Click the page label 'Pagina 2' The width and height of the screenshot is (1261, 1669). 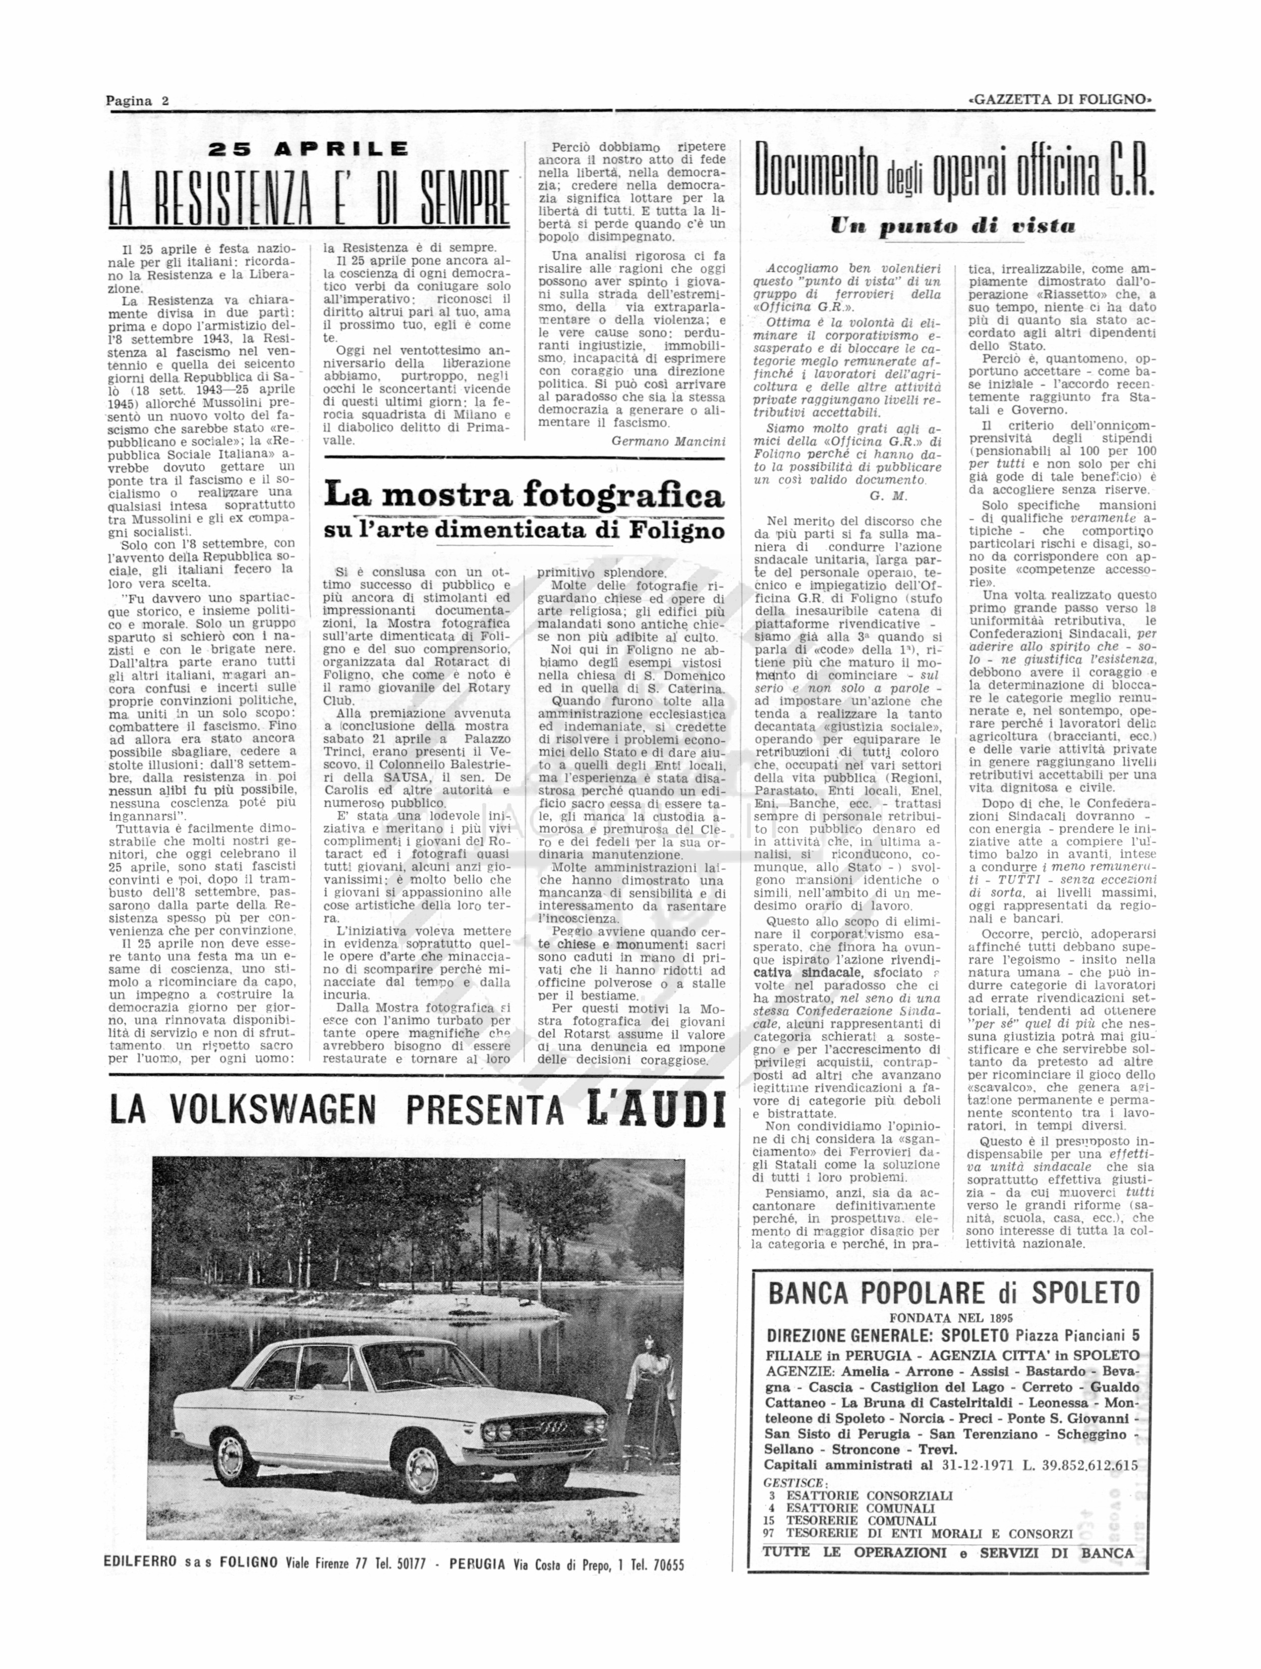tap(137, 101)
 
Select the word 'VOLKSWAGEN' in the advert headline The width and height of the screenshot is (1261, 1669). tap(272, 1109)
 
